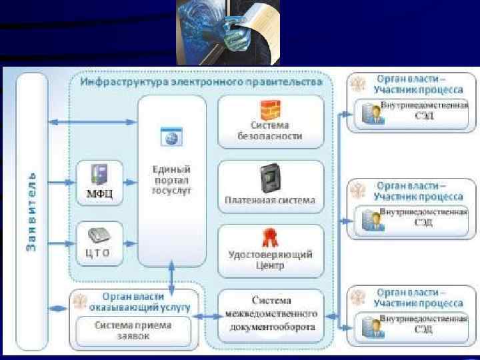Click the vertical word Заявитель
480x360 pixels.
pyautogui.click(x=31, y=213)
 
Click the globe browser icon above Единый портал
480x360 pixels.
pyautogui.click(x=171, y=137)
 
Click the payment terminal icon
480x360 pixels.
pyautogui.click(x=269, y=177)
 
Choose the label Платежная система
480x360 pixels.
pyautogui.click(x=270, y=199)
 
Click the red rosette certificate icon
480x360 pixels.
pyautogui.click(x=269, y=237)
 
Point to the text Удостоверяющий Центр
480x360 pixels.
pyautogui.click(x=270, y=260)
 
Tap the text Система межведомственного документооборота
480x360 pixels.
pyautogui.click(x=271, y=315)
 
